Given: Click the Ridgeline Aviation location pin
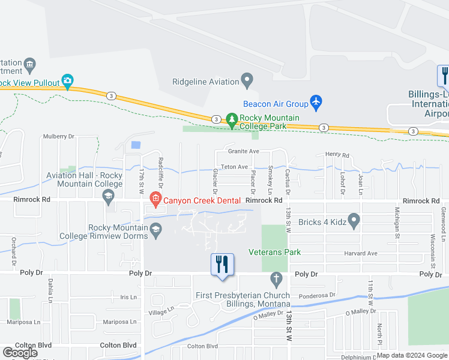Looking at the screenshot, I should [x=246, y=79].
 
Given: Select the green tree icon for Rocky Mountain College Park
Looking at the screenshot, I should [x=232, y=120].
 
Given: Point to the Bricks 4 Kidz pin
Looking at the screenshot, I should [x=354, y=222].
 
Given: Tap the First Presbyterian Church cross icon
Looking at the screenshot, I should [x=276, y=279].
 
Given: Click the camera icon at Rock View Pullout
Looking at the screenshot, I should [x=68, y=80].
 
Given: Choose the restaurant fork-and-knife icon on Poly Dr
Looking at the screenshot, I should [x=222, y=264].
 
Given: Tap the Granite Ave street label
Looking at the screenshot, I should [x=244, y=152].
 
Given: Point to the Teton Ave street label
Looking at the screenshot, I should [x=234, y=167].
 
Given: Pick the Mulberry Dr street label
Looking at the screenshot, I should [x=58, y=137].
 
